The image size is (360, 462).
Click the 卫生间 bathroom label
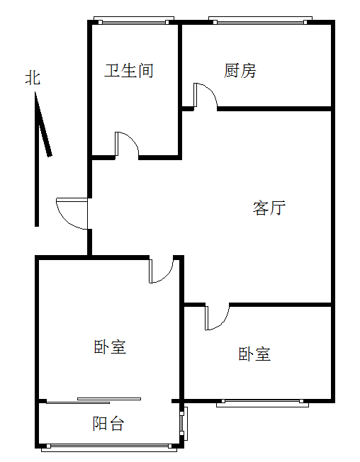tap(129, 71)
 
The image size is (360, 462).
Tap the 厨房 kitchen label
tap(240, 71)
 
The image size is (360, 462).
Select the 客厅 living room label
tap(269, 208)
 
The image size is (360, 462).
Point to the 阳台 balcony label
tap(108, 424)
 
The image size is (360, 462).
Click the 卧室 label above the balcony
tap(110, 346)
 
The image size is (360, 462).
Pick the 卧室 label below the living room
tap(254, 354)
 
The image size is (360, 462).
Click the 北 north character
tap(33, 78)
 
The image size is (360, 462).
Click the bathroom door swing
tap(127, 144)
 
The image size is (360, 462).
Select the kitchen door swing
tap(206, 95)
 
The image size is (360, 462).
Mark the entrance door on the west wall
tap(72, 213)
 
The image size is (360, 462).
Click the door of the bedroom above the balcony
tap(161, 269)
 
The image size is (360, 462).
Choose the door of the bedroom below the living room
tap(218, 317)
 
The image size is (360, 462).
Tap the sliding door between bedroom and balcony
tap(94, 401)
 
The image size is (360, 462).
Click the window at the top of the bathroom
tap(134, 21)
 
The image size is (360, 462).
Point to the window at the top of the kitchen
tap(260, 21)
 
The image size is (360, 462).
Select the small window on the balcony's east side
tap(184, 424)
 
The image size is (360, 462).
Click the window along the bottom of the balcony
tap(109, 448)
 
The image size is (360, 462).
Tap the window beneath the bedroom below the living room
tap(262, 403)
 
